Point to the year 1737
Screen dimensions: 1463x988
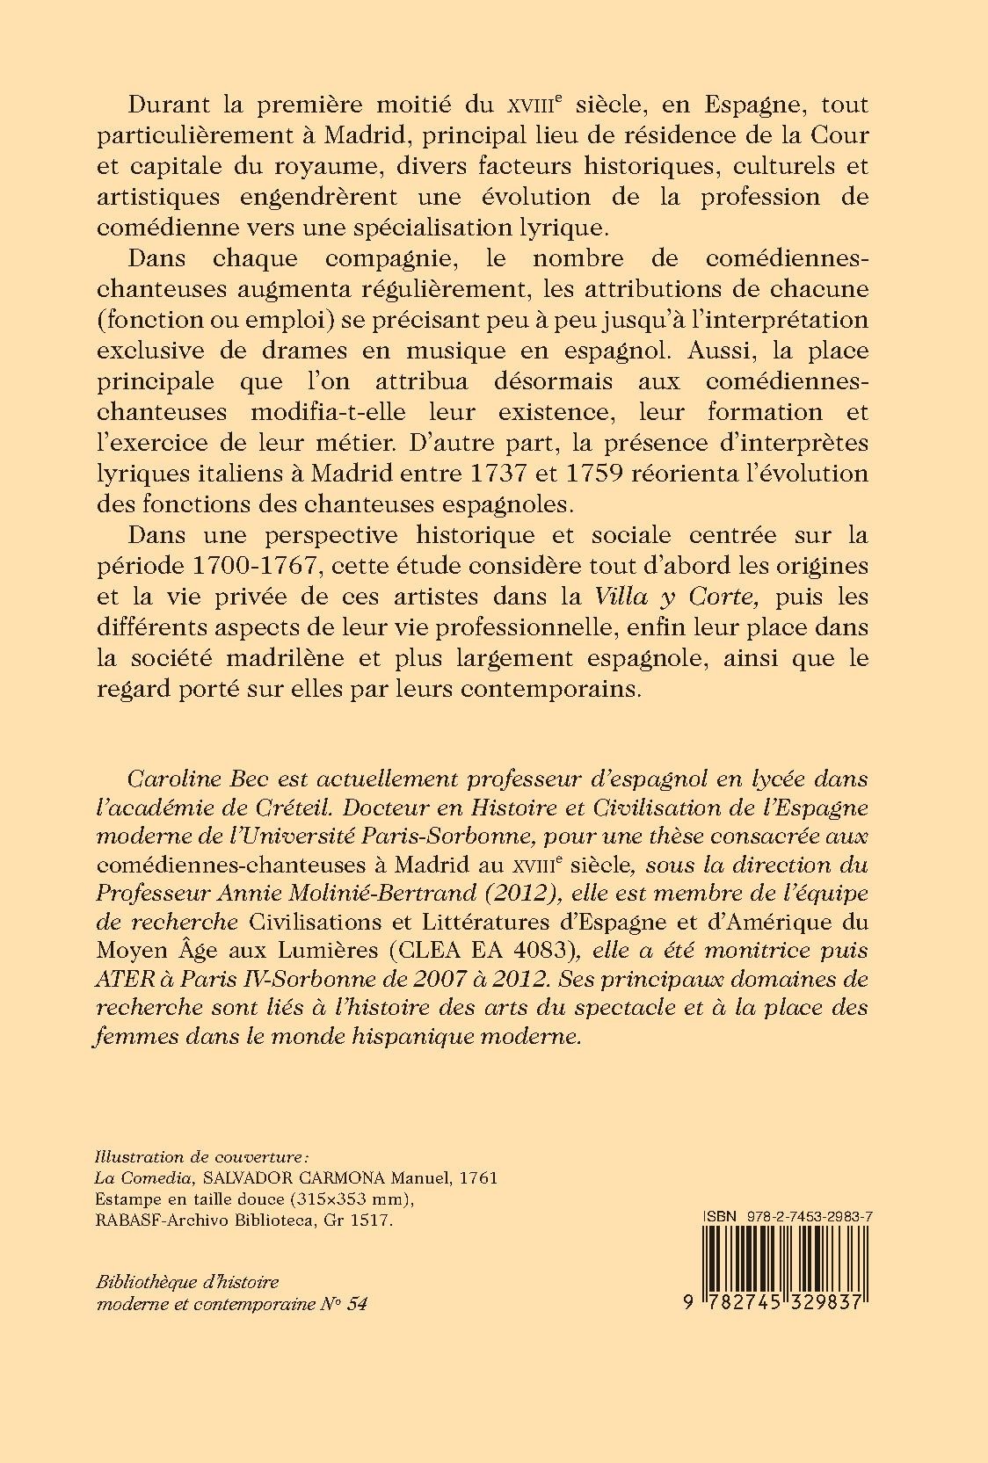pos(498,474)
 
